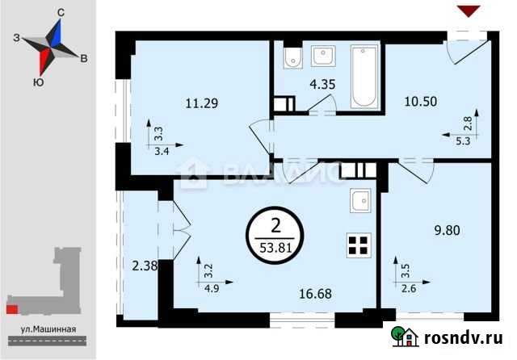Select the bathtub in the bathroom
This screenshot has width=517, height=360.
(x=364, y=76)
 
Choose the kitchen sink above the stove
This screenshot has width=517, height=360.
(x=360, y=199)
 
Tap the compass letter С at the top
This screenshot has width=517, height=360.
(x=61, y=13)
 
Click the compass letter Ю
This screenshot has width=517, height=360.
(x=37, y=82)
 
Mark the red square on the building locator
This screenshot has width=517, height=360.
(x=11, y=308)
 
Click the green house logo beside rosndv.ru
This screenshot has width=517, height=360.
(x=404, y=335)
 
